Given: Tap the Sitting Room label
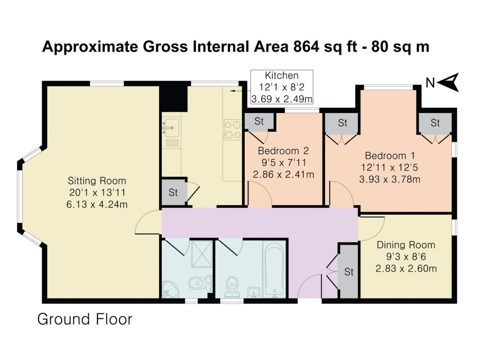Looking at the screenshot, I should pyautogui.click(x=97, y=180).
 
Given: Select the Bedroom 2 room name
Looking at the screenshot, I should pyautogui.click(x=283, y=151).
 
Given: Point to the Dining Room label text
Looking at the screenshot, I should pyautogui.click(x=406, y=245).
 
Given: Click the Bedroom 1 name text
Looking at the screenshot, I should pyautogui.click(x=390, y=155).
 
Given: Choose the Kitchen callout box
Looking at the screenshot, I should pyautogui.click(x=282, y=87).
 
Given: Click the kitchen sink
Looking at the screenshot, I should pyautogui.click(x=171, y=126).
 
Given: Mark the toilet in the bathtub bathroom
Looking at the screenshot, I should pyautogui.click(x=232, y=285).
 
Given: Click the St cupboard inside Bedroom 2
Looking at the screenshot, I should pyautogui.click(x=259, y=121).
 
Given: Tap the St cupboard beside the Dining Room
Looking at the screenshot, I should pyautogui.click(x=349, y=272).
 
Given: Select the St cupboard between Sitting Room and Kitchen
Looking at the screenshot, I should pyautogui.click(x=173, y=192).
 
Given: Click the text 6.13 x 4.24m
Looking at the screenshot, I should pyautogui.click(x=97, y=204).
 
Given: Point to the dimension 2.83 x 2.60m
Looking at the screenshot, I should pyautogui.click(x=406, y=268).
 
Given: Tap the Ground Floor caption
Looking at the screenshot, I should pyautogui.click(x=85, y=319).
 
